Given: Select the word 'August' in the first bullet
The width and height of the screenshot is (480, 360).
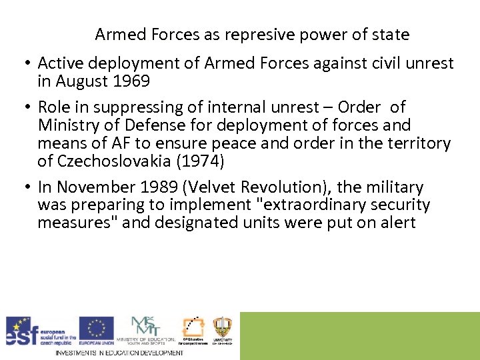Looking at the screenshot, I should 79,81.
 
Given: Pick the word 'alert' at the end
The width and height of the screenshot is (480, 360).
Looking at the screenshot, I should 397,223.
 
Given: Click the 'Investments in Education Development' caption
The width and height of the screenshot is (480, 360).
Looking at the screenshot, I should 119,353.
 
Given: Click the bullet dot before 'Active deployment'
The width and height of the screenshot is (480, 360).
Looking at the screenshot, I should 27,64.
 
